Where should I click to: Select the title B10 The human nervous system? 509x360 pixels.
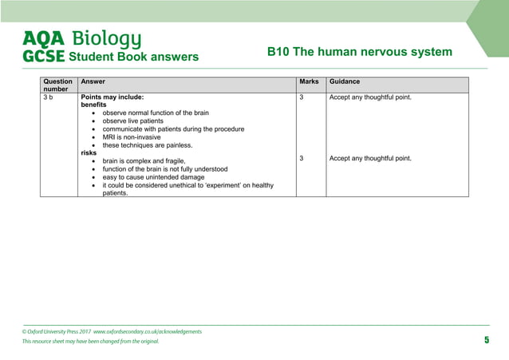[x=359, y=52]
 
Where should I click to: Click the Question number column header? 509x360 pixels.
[x=57, y=85]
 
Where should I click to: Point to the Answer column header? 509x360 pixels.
[x=93, y=81]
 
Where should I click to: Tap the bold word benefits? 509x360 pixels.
[x=93, y=105]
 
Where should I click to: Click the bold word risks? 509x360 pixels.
[x=89, y=152]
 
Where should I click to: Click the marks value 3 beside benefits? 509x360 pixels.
[x=302, y=97]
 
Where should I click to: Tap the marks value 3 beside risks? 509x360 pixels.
[x=302, y=158]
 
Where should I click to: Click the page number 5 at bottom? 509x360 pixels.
[x=486, y=341]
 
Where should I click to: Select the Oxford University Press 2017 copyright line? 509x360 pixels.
[x=112, y=330]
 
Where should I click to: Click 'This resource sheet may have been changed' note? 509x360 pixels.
[x=90, y=342]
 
